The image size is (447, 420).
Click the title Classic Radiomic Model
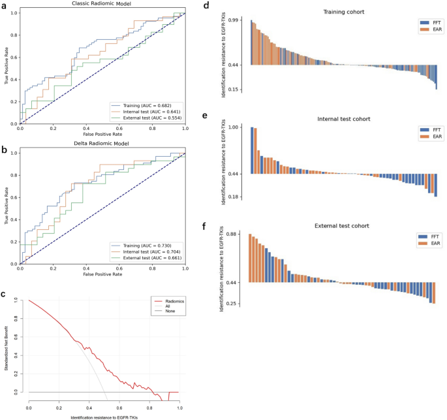pos(102,5)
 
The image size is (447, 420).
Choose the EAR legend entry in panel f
pos(427,243)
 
